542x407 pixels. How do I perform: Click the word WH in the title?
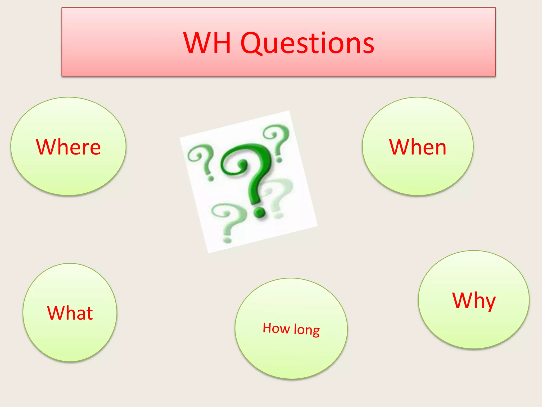[207, 43]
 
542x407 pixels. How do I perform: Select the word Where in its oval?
[68, 147]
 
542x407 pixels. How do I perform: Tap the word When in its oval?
[418, 147]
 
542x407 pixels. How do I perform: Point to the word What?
[70, 313]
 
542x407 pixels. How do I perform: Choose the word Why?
[474, 301]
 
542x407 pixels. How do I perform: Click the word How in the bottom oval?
[276, 328]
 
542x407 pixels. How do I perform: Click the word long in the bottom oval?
[307, 330]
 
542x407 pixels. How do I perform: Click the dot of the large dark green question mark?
[259, 212]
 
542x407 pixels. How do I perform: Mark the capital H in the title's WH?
[221, 43]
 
